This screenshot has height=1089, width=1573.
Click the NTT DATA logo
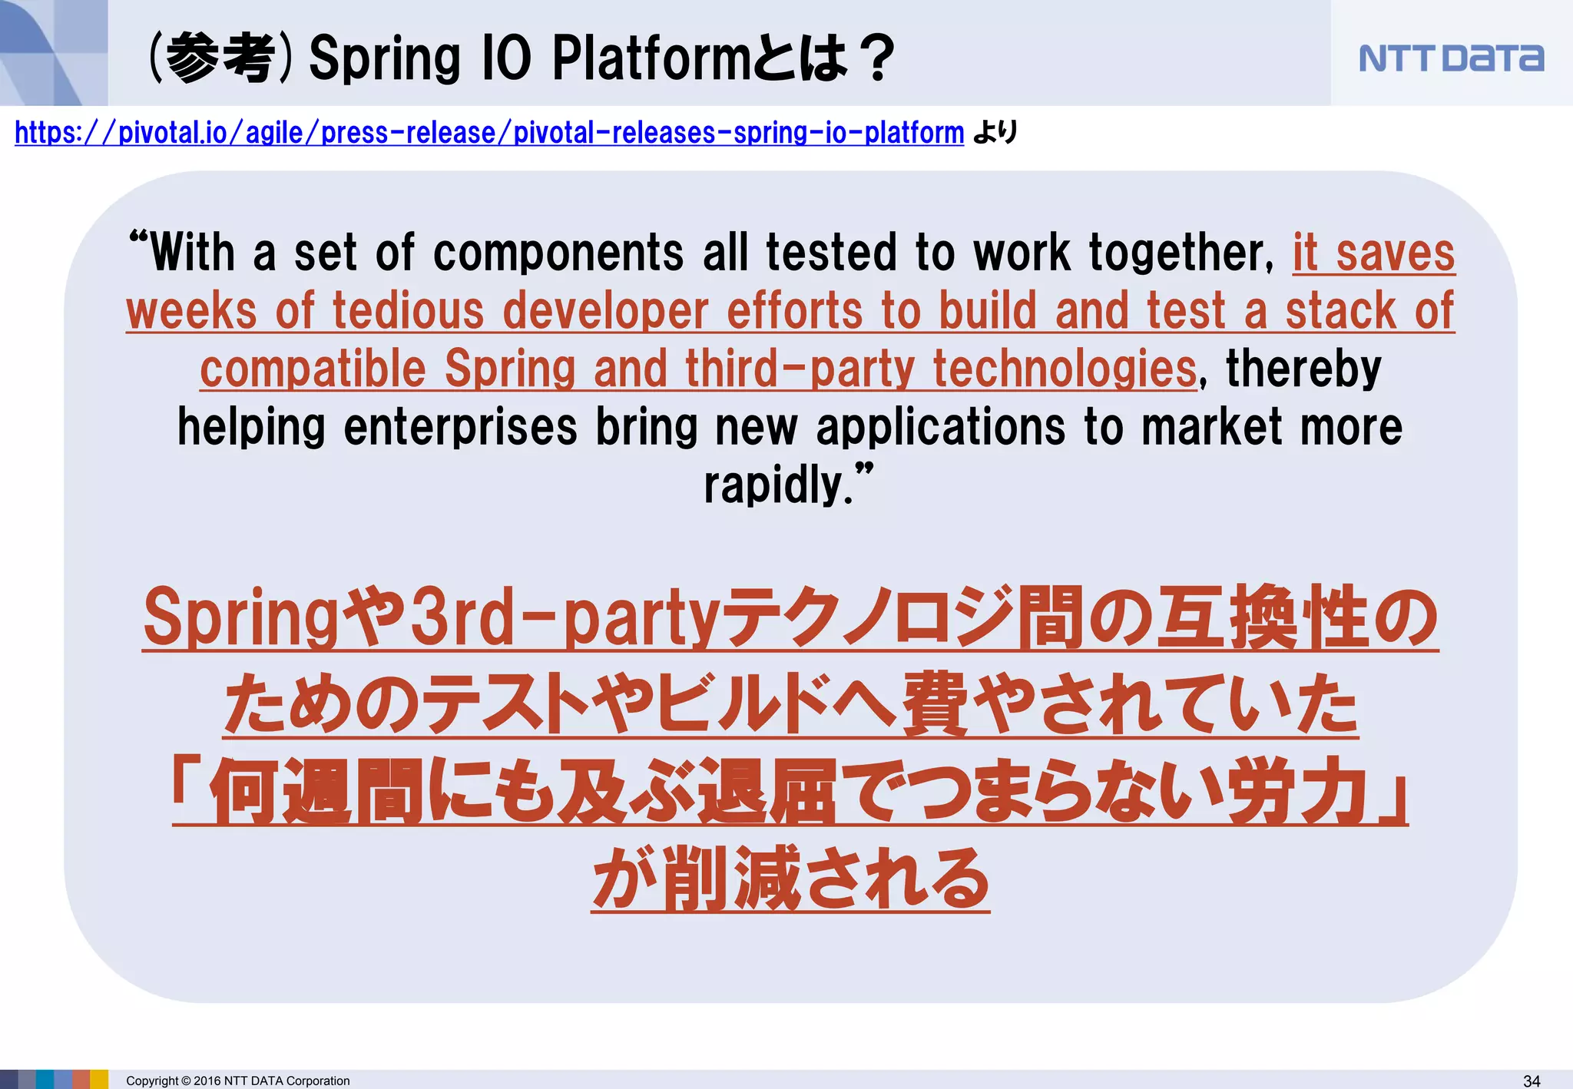(x=1451, y=58)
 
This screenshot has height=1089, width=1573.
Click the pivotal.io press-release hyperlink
(x=489, y=133)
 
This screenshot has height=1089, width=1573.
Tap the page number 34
(x=1531, y=1081)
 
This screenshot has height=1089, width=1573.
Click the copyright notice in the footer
(x=237, y=1081)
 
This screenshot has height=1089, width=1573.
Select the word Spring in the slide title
(x=384, y=58)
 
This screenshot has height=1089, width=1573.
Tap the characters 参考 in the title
(x=220, y=58)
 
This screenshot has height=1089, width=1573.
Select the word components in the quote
(x=558, y=253)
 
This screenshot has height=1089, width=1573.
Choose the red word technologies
(x=1065, y=369)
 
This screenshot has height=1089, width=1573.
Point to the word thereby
(x=1303, y=369)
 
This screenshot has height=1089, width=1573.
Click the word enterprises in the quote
(x=460, y=427)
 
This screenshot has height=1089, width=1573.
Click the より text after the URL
(x=995, y=133)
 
